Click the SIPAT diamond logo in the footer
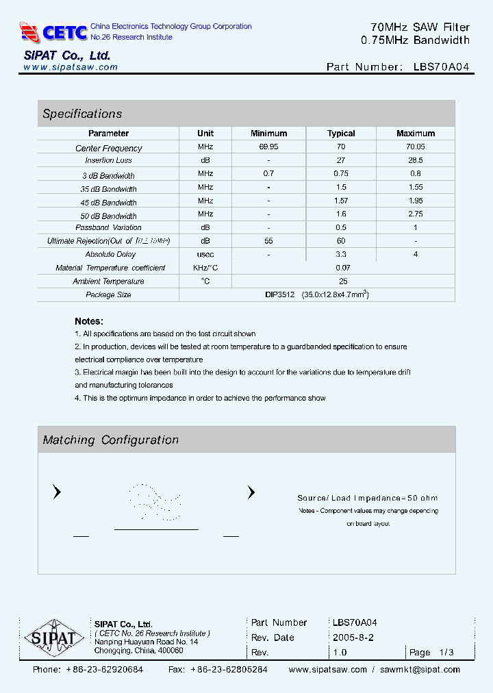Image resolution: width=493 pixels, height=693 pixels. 54,640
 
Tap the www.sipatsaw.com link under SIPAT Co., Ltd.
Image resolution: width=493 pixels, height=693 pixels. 71,67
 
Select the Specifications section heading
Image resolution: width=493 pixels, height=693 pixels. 82,114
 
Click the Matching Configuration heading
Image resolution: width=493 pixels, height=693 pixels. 110,440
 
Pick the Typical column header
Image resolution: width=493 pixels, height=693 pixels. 341,134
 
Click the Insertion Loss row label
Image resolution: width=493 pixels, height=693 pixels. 109,160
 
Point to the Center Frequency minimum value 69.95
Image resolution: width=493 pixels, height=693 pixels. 268,147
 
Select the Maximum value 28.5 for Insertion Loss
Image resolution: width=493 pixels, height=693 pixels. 415,160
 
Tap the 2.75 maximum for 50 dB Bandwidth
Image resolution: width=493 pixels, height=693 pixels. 415,214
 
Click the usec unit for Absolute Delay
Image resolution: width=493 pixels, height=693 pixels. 205,254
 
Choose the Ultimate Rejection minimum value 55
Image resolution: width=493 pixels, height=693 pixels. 268,241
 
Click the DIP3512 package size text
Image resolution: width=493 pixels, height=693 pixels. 279,294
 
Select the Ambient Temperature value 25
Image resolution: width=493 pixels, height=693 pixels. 343,281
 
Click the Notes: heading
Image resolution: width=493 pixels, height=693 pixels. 89,321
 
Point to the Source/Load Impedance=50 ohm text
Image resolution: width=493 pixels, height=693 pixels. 367,498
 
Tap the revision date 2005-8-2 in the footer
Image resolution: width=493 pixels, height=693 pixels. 352,638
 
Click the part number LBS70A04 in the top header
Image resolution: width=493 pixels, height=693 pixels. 442,67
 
